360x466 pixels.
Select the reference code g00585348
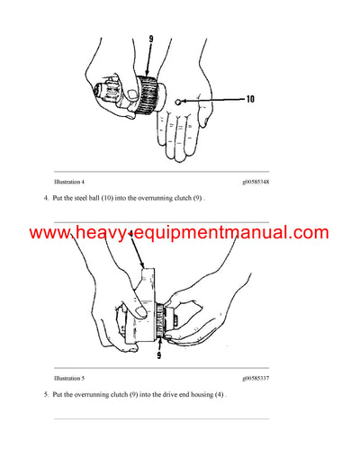pos(255,180)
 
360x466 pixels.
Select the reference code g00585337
pos(255,378)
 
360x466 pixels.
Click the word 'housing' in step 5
pos(198,395)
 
